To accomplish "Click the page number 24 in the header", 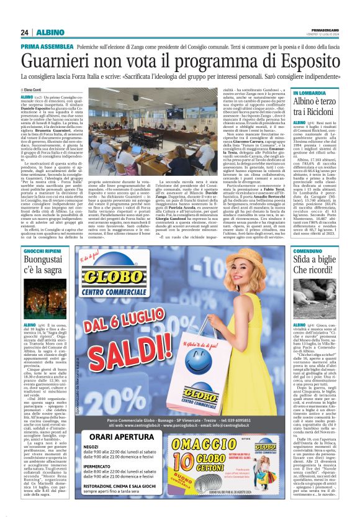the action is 24,32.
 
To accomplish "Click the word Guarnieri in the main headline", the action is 55,60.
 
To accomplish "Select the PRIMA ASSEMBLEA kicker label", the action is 47,47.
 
